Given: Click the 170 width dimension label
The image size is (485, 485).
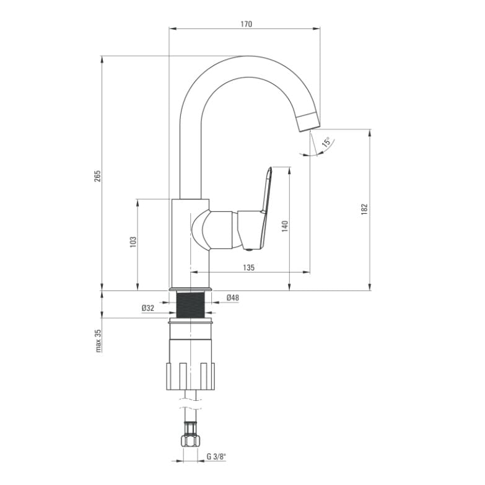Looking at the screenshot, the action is coord(246,24).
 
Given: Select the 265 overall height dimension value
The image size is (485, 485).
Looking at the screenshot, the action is coord(98,176).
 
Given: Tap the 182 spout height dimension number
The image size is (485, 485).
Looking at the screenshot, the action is coord(364,209).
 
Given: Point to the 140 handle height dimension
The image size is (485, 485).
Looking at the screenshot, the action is coord(285,226).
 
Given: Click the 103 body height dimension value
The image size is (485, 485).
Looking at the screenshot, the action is coord(133,242).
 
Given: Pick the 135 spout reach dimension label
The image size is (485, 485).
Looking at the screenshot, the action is coord(248,267).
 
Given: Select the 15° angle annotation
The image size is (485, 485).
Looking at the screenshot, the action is coord(326,142).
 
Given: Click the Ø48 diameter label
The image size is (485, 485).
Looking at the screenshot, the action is coord(233,297).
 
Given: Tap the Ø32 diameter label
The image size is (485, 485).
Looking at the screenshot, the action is coord(148,308).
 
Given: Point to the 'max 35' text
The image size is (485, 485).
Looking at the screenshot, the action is coord(98,341).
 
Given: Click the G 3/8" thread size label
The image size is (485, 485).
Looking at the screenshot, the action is coord(216,457).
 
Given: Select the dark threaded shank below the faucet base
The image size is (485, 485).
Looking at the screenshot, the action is coord(190,305).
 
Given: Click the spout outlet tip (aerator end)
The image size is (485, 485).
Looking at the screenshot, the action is coord(308,124).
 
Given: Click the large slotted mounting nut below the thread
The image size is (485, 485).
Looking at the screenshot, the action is coord(190,376).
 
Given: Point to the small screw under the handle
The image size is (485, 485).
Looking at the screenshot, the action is coord(248,250).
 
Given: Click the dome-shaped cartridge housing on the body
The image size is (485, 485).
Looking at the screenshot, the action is coord(201,230).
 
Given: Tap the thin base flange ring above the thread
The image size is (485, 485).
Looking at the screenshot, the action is coord(190,289).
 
